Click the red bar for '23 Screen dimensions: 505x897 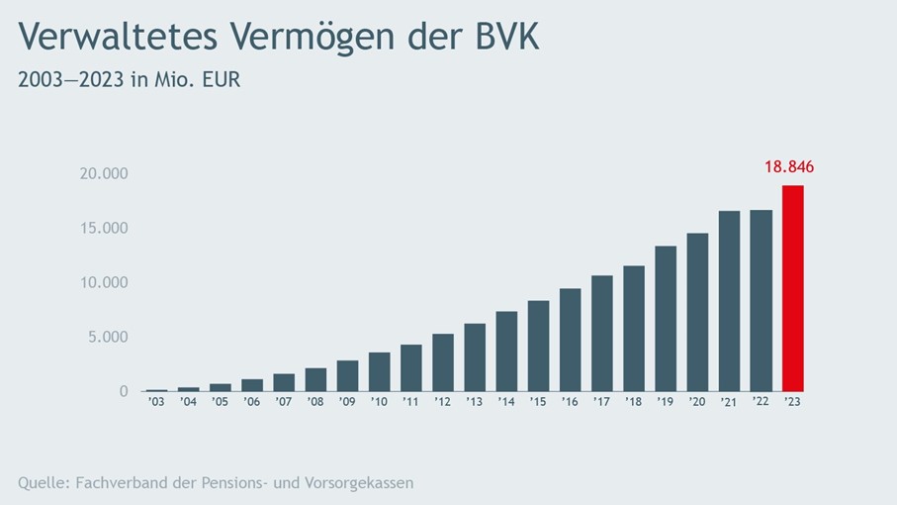click(792, 288)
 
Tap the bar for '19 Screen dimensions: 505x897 click(666, 318)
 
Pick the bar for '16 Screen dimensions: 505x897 click(570, 340)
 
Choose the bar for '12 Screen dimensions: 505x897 click(443, 362)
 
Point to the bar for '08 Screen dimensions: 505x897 click(315, 379)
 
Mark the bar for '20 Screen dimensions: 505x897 click(697, 312)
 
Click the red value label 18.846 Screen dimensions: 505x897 click(788, 166)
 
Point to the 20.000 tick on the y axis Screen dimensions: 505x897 click(104, 174)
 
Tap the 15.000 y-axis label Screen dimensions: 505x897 click(104, 229)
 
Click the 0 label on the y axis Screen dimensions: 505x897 click(124, 392)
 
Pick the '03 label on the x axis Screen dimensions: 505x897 click(156, 402)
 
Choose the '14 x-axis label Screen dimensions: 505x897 click(506, 402)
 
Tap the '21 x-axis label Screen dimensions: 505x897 click(729, 402)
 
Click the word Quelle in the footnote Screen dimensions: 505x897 click(43, 483)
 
